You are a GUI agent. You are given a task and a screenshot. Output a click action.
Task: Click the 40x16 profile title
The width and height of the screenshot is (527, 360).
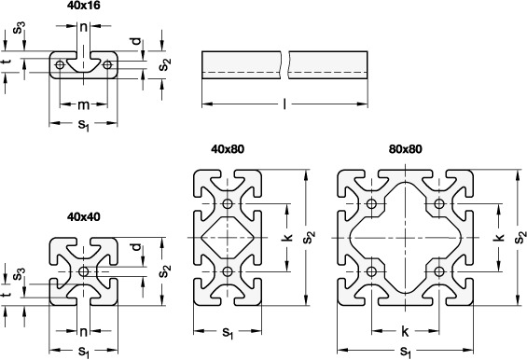click(83, 6)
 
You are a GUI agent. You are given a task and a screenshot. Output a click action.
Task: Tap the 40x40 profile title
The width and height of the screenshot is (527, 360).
click(83, 216)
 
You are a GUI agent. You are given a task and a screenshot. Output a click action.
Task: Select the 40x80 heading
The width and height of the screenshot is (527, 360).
click(228, 149)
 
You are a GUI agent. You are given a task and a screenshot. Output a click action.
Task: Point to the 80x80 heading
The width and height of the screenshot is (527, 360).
click(406, 149)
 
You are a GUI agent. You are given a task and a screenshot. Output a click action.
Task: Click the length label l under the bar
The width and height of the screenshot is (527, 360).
click(284, 104)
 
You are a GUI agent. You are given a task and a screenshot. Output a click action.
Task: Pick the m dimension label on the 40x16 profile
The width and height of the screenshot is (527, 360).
click(84, 104)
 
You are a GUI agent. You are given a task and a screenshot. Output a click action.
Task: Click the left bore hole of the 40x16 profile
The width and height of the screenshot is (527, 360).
click(60, 65)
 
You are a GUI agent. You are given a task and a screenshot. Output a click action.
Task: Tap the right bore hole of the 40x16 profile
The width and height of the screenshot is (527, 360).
click(107, 65)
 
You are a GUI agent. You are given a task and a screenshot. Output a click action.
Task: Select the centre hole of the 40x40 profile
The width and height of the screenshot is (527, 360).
click(83, 271)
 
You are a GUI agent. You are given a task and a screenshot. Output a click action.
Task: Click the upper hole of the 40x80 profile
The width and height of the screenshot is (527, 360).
click(228, 203)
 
